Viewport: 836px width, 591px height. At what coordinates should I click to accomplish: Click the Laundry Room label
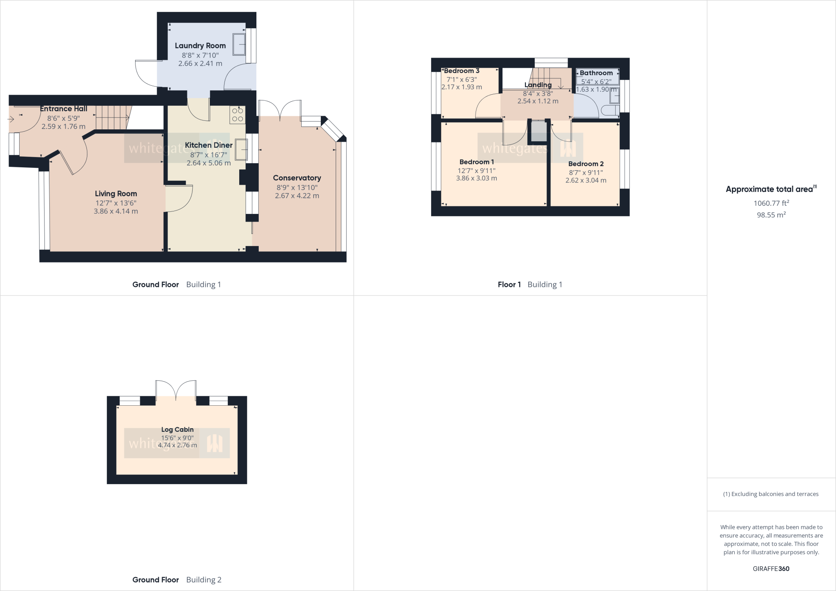point(200,46)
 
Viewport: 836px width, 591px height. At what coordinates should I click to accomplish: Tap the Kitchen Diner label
point(209,145)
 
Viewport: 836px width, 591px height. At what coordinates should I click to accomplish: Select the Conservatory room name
point(297,178)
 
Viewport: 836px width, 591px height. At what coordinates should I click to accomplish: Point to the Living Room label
point(116,194)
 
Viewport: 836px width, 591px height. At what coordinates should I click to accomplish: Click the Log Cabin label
point(177,429)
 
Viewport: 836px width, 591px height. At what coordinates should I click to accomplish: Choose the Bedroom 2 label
point(586,164)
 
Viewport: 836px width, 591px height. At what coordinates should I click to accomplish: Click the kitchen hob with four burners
point(238,115)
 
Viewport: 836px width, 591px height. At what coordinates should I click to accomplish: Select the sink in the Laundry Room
point(239,44)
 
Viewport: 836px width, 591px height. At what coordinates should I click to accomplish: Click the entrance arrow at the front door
point(11,119)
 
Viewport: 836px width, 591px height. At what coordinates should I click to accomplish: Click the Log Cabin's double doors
point(176,390)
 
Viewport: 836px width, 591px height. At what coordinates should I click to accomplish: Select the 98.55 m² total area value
point(771,215)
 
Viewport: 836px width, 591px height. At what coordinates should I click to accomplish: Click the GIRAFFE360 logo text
point(771,569)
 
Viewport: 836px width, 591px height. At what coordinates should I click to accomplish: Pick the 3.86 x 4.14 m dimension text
point(116,211)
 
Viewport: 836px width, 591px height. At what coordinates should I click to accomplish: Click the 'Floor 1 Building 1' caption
point(530,284)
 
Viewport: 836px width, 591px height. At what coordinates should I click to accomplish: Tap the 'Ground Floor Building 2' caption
point(177,580)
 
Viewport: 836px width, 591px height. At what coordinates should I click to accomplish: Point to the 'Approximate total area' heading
point(771,189)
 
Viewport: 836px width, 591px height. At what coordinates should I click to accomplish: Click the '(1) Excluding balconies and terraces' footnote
point(771,494)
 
